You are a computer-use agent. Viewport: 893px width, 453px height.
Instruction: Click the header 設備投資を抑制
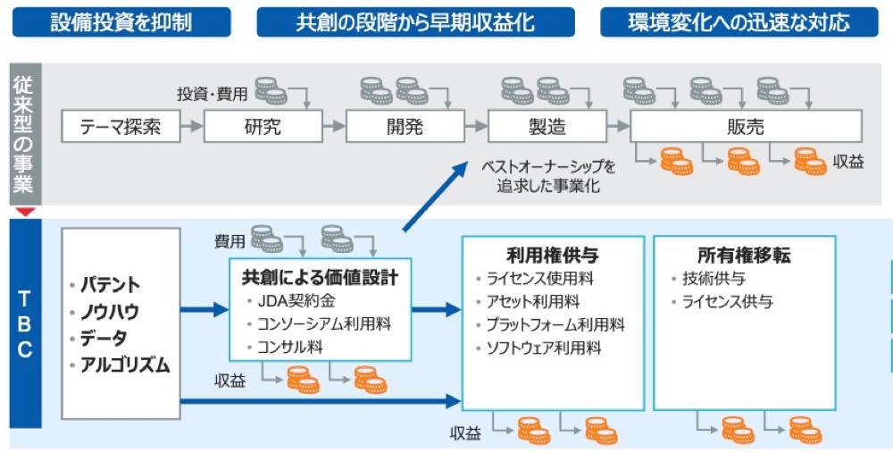pyautogui.click(x=121, y=21)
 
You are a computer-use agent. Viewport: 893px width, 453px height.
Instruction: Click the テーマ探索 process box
pyautogui.click(x=121, y=127)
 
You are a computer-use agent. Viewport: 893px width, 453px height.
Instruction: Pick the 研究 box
pyautogui.click(x=263, y=127)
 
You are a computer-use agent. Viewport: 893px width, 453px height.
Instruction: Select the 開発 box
pyautogui.click(x=405, y=127)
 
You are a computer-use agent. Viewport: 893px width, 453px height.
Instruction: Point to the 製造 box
pyautogui.click(x=547, y=127)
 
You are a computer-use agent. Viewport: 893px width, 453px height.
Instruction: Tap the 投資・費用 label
pyautogui.click(x=213, y=93)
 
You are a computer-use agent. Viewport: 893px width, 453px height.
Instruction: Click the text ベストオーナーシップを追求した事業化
pyautogui.click(x=548, y=177)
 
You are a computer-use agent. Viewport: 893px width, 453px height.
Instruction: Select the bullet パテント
pyautogui.click(x=110, y=285)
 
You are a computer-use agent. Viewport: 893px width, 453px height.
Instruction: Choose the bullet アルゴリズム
pyautogui.click(x=123, y=364)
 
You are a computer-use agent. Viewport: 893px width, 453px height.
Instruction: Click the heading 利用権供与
pyautogui.click(x=539, y=255)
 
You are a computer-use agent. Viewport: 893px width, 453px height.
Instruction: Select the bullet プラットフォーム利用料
pyautogui.click(x=555, y=324)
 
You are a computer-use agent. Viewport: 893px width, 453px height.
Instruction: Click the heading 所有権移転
pyautogui.click(x=743, y=255)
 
